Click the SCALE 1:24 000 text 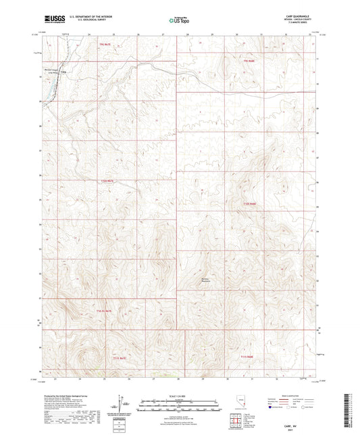(178, 396)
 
